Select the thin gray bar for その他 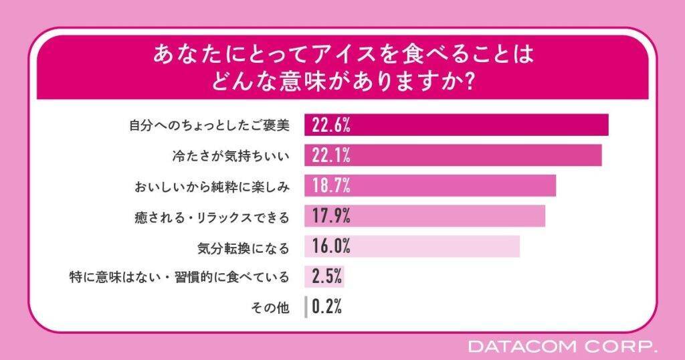tap(306, 307)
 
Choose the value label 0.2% tap(327, 307)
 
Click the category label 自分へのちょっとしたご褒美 tap(209, 125)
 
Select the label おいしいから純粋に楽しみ tap(209, 186)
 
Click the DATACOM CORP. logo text tap(563, 347)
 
